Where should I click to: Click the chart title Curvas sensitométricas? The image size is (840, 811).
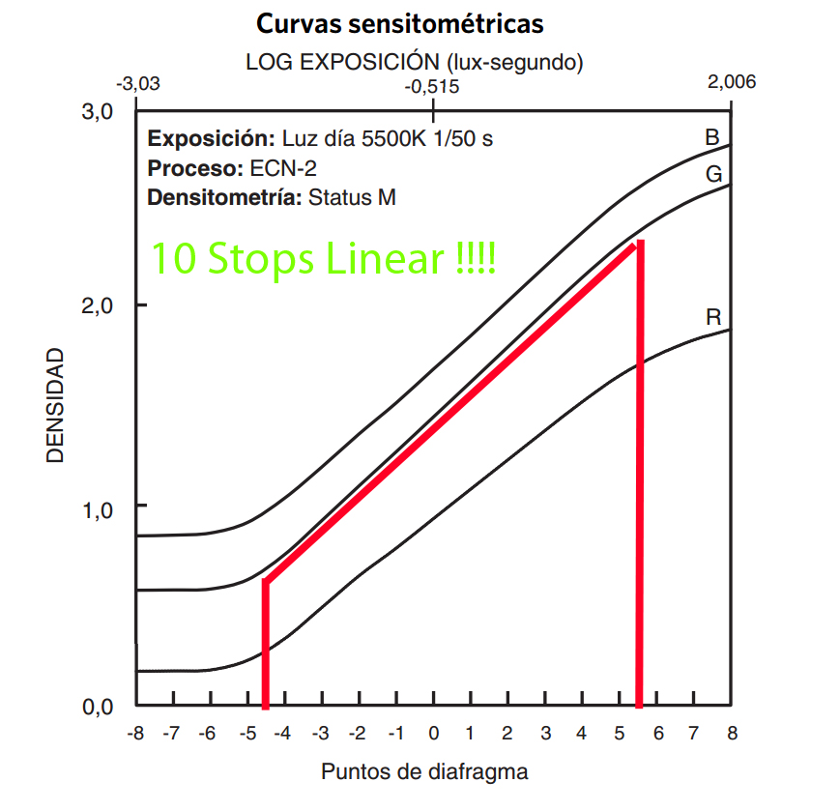point(399,23)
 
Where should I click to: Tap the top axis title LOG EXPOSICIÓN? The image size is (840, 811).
point(414,63)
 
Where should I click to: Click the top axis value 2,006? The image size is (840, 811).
point(732,82)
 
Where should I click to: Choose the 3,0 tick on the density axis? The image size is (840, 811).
point(98,112)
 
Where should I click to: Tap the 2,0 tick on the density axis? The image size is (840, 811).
point(98,306)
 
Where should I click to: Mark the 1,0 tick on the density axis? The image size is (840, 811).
point(98,507)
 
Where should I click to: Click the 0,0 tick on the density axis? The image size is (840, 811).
point(98,708)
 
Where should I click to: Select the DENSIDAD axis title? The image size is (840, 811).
point(56,406)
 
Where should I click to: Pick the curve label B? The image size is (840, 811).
point(711,138)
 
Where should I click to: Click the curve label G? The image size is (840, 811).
point(714,175)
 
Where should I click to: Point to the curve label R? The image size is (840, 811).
point(713,317)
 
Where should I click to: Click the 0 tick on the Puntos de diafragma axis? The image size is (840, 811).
point(434,734)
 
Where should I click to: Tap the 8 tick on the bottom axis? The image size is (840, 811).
point(732,734)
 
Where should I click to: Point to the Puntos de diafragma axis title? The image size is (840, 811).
point(424,772)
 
